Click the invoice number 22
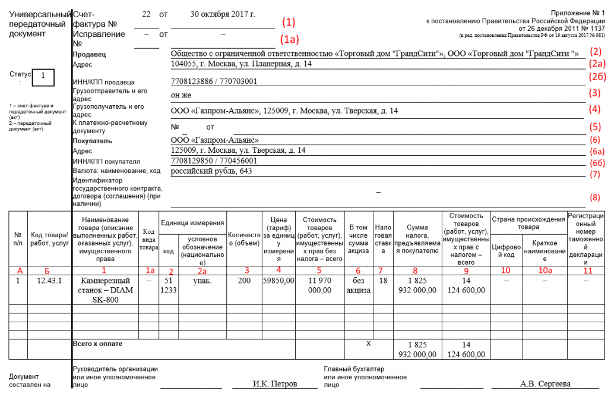pos(147,13)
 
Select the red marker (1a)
pos(289,39)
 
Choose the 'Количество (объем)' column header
pos(244,238)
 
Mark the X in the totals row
pos(368,344)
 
